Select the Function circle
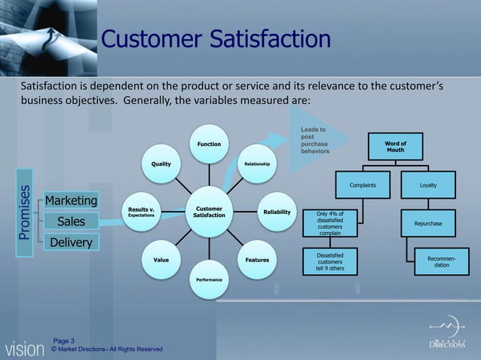pos(209,143)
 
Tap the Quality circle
pos(161,163)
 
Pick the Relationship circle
pos(257,163)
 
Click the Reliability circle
pos(277,212)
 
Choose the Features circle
pos(257,260)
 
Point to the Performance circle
pos(209,279)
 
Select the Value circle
pos(161,260)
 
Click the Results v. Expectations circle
pos(141,212)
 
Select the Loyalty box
pos(427,185)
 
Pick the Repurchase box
pos(427,224)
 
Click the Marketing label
pos(71,201)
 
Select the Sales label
pos(71,221)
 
